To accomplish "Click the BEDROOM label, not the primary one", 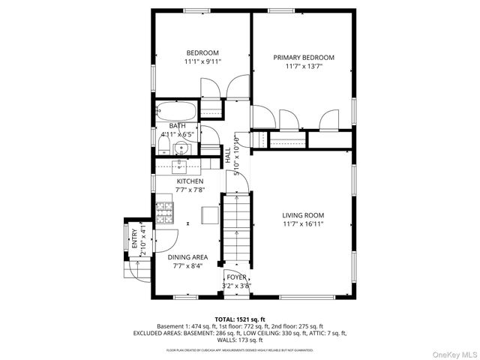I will (x=202, y=52).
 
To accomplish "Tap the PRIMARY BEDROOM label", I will (x=303, y=58).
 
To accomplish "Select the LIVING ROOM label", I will (x=303, y=215).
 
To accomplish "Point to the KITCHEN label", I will (x=189, y=181).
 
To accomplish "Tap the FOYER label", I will (x=236, y=277).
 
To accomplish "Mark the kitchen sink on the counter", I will (x=181, y=166).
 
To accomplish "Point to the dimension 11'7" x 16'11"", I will (x=303, y=224).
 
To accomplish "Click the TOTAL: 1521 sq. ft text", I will (x=239, y=319).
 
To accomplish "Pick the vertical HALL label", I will (x=228, y=155).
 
